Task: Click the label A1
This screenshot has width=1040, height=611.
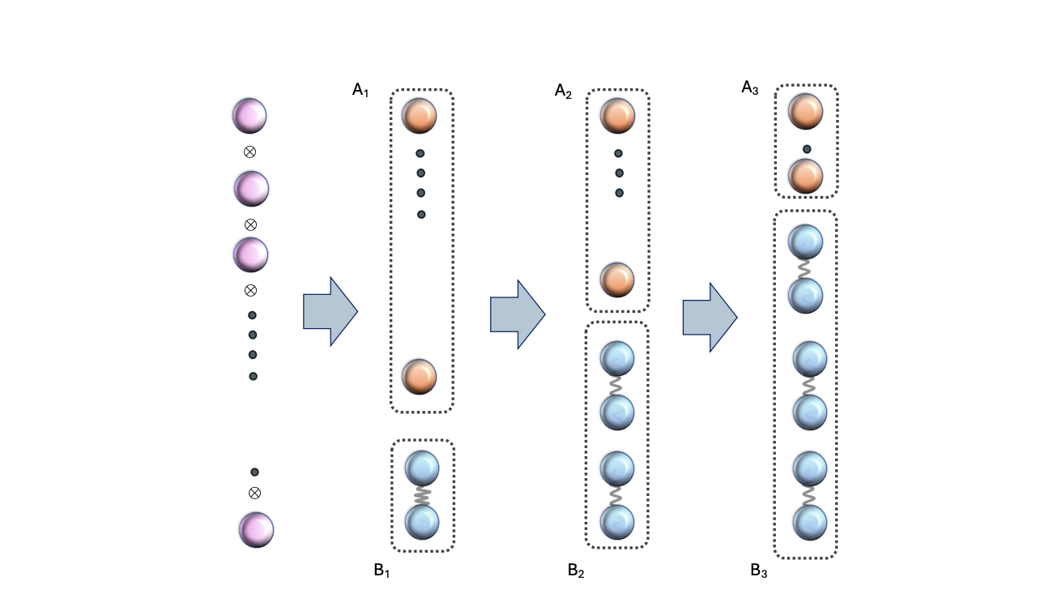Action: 360,90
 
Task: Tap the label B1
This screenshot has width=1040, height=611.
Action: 381,570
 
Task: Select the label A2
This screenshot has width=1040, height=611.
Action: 563,91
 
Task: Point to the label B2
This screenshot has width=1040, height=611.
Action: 576,571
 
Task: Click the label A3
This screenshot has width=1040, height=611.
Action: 750,87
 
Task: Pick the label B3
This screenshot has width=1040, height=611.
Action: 759,571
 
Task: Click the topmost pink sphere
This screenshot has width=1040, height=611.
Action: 249,115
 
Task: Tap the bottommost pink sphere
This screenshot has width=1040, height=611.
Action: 256,529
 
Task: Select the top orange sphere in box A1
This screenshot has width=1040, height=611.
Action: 420,115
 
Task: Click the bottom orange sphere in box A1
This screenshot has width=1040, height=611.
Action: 420,377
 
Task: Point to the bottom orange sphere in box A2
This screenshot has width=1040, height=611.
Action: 617,280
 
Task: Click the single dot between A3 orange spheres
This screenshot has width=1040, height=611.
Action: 807,149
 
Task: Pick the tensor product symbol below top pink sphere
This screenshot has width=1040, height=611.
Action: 250,152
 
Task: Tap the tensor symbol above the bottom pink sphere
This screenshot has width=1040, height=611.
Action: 254,493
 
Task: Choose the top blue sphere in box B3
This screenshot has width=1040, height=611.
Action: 806,241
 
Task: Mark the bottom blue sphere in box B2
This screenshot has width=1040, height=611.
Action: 617,521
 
